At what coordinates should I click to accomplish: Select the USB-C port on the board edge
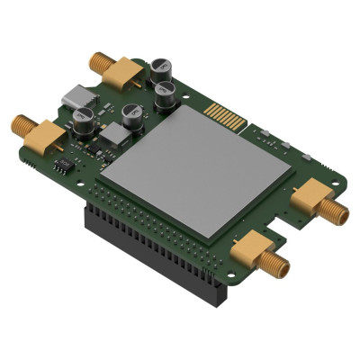75,94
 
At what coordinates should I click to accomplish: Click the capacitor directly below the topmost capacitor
166,94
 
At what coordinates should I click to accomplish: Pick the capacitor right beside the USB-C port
84,119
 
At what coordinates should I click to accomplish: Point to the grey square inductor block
115,135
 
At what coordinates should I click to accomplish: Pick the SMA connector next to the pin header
256,249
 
